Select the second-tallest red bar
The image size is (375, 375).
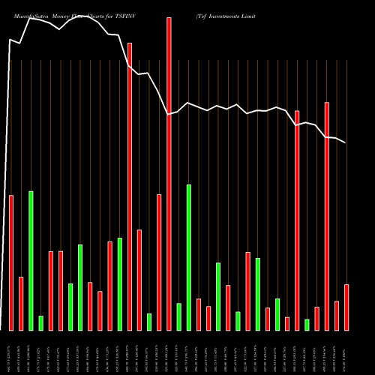point(130,187)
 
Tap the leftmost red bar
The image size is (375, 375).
point(11,262)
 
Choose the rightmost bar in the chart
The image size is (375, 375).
point(346,307)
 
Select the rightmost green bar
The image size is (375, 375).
point(307,325)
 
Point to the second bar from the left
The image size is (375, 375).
point(21,304)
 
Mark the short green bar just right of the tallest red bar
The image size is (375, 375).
point(178,316)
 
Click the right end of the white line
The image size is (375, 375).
point(346,142)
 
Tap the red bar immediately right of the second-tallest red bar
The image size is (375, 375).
point(139,280)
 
